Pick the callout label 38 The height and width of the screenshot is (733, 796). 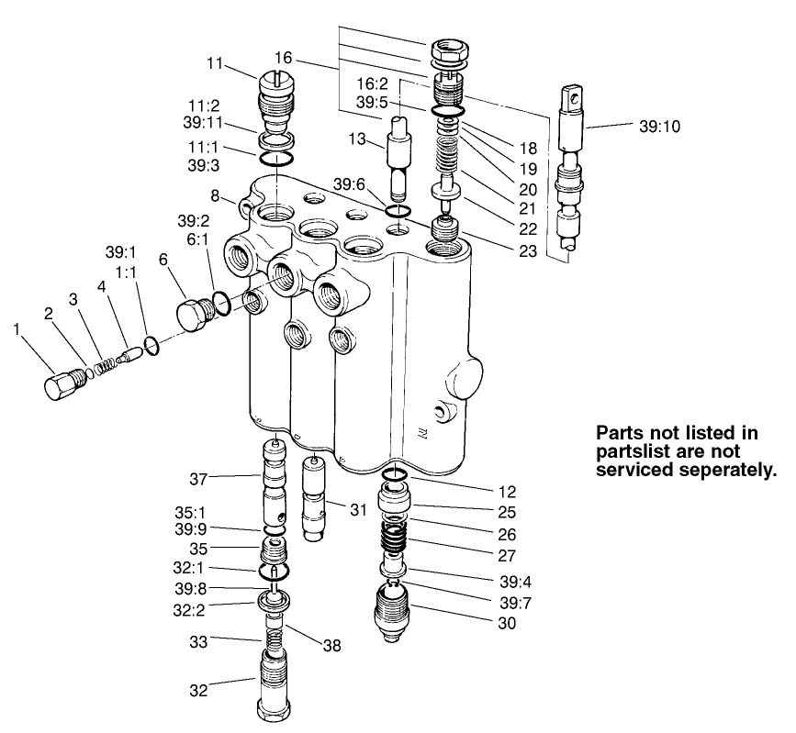331,645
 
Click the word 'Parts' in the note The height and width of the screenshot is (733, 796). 623,432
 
